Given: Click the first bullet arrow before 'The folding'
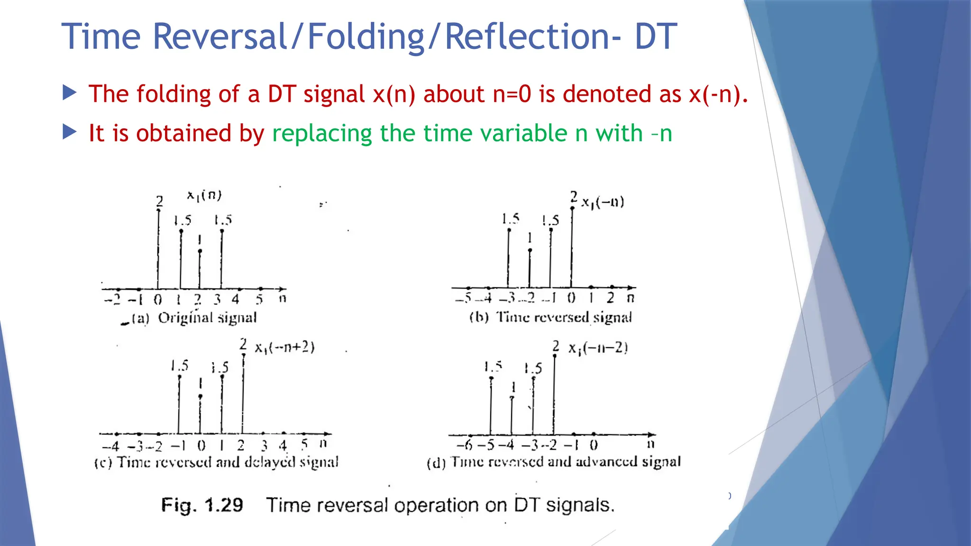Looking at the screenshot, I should [x=69, y=93].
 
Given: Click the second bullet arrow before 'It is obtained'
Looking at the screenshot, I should [x=69, y=132].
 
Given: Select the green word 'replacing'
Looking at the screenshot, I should [x=322, y=134].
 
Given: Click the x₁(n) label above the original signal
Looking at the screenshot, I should [x=204, y=195].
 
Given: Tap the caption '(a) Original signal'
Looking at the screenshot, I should [x=193, y=318].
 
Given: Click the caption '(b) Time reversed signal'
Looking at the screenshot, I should [x=550, y=317].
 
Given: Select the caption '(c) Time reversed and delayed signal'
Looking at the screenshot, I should [x=216, y=462].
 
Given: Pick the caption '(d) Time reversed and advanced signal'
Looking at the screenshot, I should [x=553, y=462].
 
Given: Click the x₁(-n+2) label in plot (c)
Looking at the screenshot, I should [x=284, y=347].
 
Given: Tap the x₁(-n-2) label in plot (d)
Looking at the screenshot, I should [x=598, y=348].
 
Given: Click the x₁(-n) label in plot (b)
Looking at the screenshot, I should [x=603, y=203].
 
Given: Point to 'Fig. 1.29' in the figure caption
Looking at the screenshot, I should [x=202, y=505].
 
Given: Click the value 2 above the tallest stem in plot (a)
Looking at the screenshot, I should [x=160, y=201].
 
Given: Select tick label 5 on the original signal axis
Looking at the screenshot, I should [x=259, y=300].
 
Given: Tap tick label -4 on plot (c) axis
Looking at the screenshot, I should [x=110, y=446].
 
